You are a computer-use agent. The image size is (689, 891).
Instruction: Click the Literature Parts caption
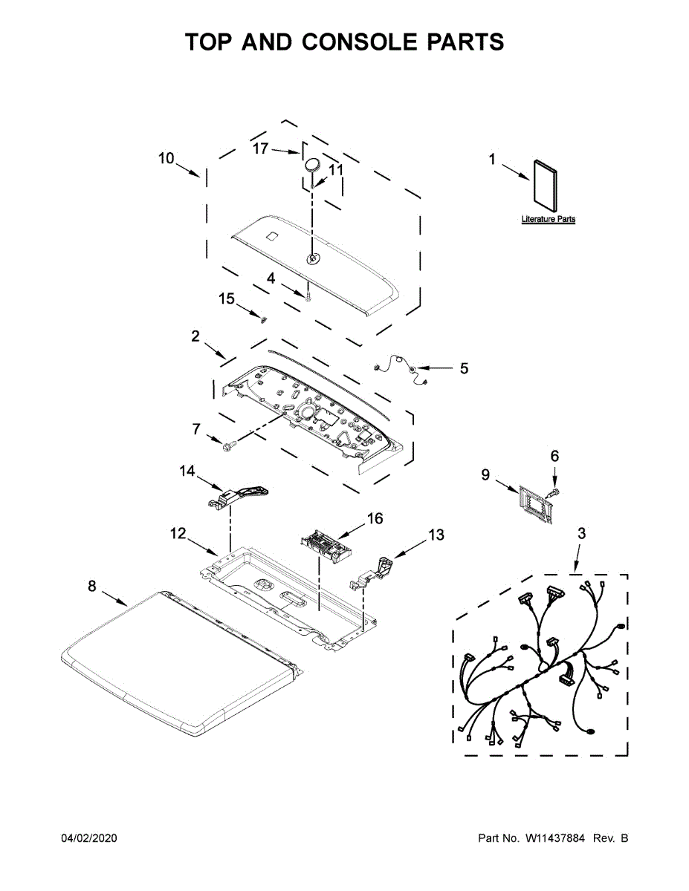548,220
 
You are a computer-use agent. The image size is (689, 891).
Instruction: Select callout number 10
166,158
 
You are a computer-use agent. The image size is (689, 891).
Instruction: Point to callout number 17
260,148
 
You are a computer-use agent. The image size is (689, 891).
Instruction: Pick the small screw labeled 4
307,296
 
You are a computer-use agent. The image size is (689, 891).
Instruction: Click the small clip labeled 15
262,319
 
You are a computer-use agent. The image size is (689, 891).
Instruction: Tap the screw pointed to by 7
228,446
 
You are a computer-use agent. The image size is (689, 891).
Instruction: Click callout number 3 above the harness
581,533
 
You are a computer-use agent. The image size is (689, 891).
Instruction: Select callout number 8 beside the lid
92,587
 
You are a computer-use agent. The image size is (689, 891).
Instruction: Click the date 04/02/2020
88,838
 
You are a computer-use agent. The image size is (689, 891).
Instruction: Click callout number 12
178,533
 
